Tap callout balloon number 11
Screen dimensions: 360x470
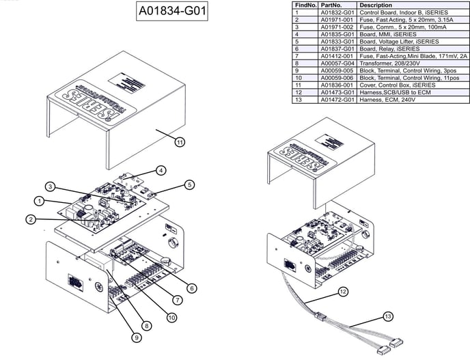[x=180, y=142]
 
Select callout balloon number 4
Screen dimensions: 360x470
[x=160, y=171]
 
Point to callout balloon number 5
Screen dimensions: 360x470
[x=189, y=184]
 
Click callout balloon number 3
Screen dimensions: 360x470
[x=51, y=186]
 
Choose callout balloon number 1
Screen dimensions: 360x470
[x=40, y=201]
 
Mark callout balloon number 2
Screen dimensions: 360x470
[x=31, y=219]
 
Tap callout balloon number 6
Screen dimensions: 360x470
[x=192, y=288]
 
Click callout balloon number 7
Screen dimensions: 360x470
[x=177, y=299]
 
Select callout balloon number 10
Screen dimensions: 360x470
[x=171, y=317]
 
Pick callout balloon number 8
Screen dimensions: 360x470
[x=146, y=327]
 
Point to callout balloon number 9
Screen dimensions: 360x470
[x=137, y=337]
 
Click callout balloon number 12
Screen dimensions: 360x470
[x=343, y=292]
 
